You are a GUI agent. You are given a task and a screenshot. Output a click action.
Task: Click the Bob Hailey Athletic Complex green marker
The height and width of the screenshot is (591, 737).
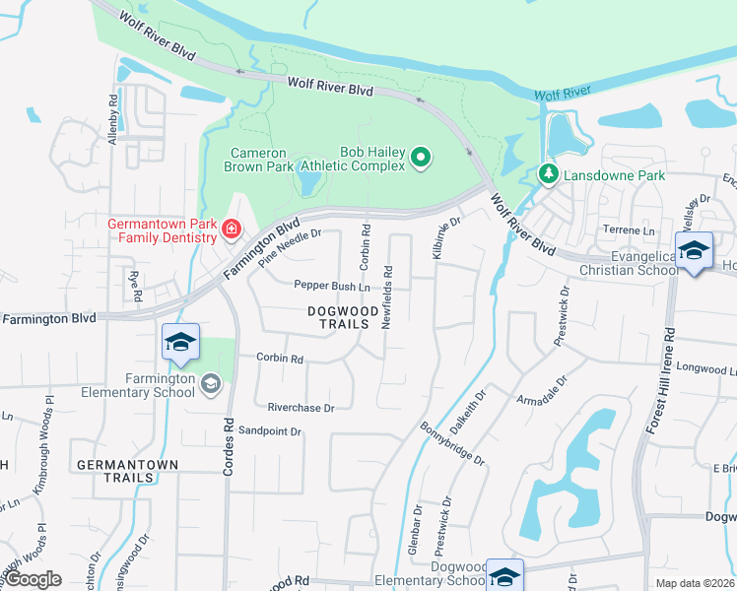[422, 157]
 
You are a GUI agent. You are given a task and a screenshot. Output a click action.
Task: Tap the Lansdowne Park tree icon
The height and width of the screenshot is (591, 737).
[548, 175]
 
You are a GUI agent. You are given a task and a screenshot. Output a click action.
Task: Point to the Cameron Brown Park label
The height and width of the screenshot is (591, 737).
[259, 160]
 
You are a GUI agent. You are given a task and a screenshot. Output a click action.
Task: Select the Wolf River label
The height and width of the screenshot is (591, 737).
[562, 94]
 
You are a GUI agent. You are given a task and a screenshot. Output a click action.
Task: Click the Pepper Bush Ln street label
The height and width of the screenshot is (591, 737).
[331, 286]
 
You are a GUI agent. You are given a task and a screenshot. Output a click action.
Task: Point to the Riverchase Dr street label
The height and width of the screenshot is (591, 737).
[301, 407]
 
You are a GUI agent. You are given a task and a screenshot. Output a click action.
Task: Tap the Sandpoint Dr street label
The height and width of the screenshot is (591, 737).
[269, 430]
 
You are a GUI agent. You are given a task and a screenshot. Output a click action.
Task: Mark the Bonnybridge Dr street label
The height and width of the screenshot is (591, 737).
[452, 445]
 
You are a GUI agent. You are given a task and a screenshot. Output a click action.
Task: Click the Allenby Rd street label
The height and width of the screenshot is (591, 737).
[114, 120]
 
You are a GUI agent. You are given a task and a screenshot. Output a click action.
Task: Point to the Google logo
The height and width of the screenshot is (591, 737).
[33, 579]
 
